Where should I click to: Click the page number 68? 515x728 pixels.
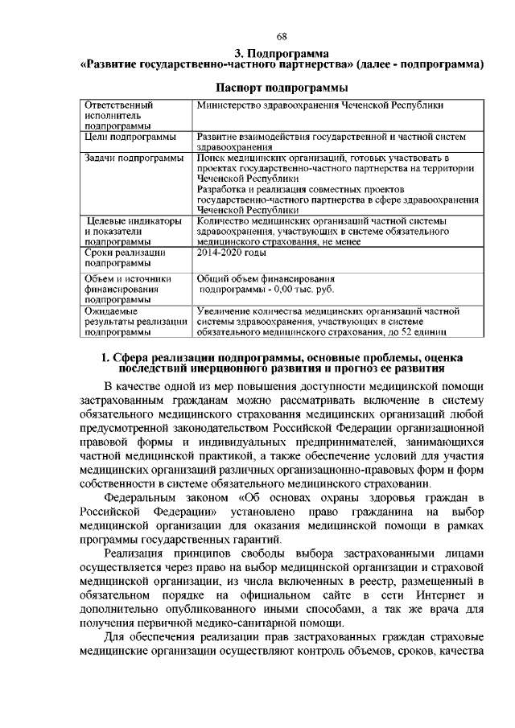pyautogui.click(x=282, y=36)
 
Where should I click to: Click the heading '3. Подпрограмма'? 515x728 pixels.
pyautogui.click(x=282, y=52)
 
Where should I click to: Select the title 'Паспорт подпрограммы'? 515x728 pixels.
pyautogui.click(x=282, y=86)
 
